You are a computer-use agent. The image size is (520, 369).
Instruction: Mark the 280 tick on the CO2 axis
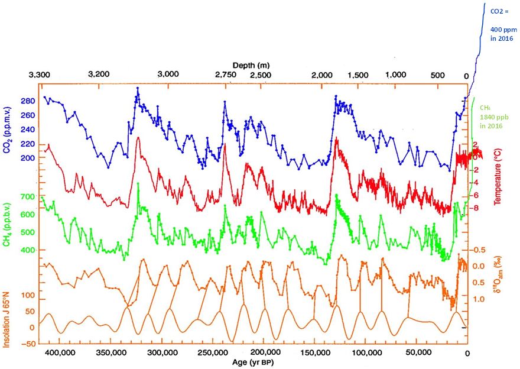click(x=28, y=101)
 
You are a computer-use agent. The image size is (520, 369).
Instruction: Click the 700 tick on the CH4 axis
click(x=28, y=196)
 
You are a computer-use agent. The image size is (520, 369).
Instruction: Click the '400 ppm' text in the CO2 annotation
click(x=502, y=28)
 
